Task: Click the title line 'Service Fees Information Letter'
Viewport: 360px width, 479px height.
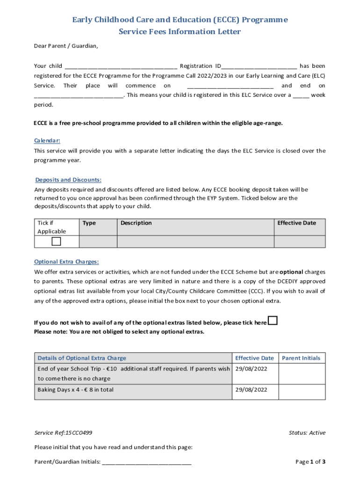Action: [180, 32]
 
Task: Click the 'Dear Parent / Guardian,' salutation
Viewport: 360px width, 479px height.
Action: [66, 46]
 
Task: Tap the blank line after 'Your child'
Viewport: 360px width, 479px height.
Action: [121, 66]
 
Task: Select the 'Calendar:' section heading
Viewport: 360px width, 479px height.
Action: [47, 140]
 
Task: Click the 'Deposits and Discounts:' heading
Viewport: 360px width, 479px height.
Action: [68, 180]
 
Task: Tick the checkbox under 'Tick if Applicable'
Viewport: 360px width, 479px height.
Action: [56, 241]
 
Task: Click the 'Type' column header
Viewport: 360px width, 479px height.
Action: [89, 223]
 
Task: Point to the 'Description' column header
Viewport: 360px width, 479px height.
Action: [136, 223]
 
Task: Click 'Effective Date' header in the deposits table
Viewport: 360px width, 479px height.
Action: [296, 223]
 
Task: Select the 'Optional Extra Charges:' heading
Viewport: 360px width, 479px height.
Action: [66, 262]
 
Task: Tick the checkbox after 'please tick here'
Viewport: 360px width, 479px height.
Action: [273, 321]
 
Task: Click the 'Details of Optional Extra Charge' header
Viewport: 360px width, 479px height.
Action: [82, 358]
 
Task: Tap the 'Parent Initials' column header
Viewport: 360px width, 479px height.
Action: [301, 358]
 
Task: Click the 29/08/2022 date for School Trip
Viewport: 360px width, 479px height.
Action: [251, 369]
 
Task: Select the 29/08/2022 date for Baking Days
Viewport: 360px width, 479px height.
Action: [251, 390]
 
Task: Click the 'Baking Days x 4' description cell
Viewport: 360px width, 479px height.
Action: [75, 390]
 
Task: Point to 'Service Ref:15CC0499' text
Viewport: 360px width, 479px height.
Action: [66, 433]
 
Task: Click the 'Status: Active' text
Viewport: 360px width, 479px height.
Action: [307, 433]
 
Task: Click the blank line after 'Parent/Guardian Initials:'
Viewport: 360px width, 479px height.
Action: [146, 462]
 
